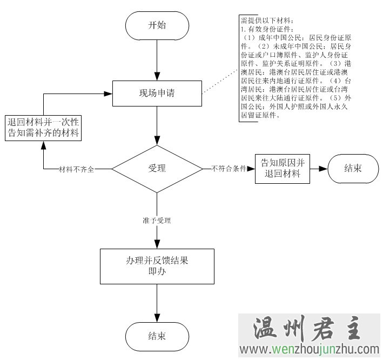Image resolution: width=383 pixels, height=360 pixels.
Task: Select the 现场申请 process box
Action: pos(157,93)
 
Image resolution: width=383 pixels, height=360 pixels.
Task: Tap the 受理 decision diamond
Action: pos(157,169)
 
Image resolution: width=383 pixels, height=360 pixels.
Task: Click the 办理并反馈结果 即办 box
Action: pos(157,266)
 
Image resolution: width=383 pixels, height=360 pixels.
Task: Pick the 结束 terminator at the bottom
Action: pos(157,336)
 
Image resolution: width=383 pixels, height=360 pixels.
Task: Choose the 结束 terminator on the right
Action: pos(353,169)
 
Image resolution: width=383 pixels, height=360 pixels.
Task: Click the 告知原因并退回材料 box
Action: pos(283,169)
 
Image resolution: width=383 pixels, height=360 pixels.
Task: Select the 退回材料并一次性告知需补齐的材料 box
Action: pos(43,128)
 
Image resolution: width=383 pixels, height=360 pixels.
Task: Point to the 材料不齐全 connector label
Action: pos(76,169)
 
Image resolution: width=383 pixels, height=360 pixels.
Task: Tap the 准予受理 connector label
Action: pos(157,221)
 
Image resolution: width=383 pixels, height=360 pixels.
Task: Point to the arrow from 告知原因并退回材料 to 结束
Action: pos(319,169)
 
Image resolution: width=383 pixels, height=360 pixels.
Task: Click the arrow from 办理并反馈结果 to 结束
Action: pos(157,303)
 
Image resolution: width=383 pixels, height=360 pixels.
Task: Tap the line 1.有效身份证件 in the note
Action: pos(265,29)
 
